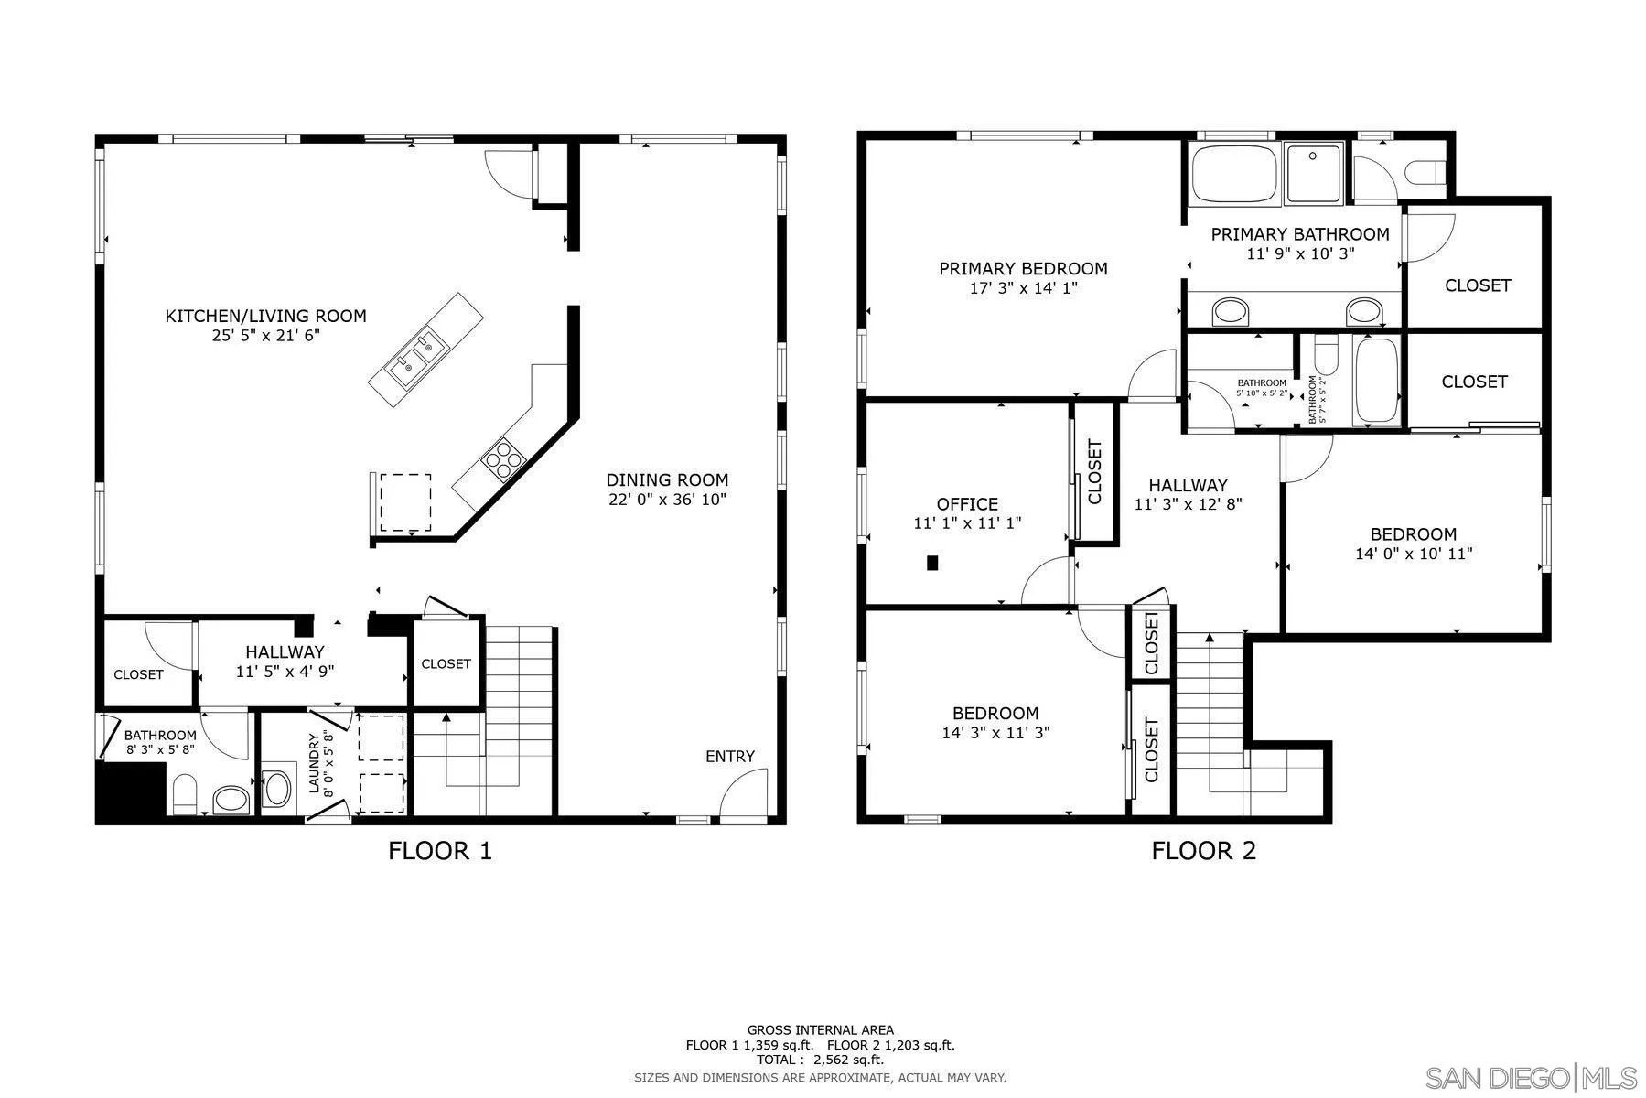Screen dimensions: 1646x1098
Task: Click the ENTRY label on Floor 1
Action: (x=730, y=757)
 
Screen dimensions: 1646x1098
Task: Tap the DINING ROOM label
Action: (x=667, y=479)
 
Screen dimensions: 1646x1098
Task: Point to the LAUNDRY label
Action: (x=314, y=763)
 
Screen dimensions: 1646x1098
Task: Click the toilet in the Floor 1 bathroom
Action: (x=185, y=795)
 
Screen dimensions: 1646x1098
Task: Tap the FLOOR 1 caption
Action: (x=440, y=851)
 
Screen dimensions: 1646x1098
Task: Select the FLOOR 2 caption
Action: (x=1203, y=851)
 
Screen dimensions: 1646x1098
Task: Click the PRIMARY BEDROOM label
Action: (x=1023, y=268)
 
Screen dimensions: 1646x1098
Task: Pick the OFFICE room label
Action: (x=967, y=504)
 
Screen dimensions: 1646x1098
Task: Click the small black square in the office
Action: (x=932, y=563)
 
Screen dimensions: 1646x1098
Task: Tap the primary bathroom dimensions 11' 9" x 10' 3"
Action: (x=1300, y=253)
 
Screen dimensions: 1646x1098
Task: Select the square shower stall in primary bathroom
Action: (x=1314, y=172)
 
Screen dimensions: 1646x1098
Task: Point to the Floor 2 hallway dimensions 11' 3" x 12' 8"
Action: (x=1188, y=503)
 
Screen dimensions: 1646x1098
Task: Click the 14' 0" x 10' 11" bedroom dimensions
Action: (x=1414, y=553)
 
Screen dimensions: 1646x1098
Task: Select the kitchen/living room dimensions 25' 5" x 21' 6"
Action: (x=265, y=335)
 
